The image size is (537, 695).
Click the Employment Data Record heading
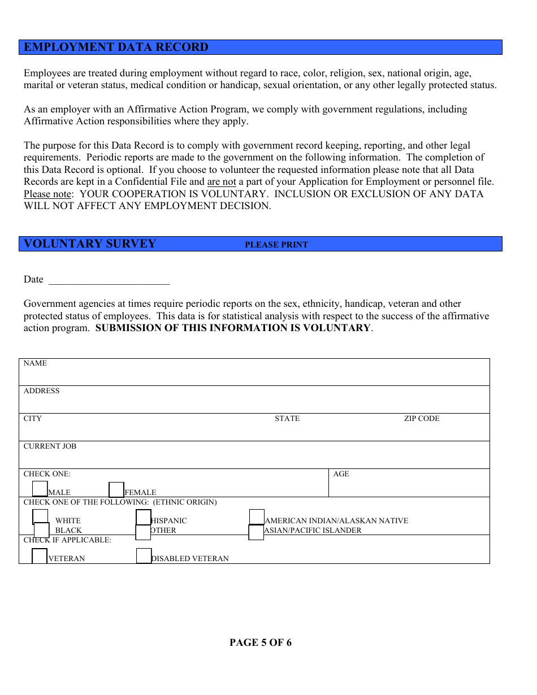coord(116,47)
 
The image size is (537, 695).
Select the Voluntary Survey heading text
coord(90,244)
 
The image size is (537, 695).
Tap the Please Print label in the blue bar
coord(276,245)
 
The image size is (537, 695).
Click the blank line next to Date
coord(109,280)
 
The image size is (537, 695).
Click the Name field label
coord(35,363)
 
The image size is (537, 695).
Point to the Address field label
coord(41,391)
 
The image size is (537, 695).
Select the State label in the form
coord(287,419)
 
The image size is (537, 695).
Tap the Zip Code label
coord(421,419)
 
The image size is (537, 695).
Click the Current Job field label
coord(50,446)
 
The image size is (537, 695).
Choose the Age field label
coord(341,474)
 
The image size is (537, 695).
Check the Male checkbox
coord(40,489)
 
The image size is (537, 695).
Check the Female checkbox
coord(116,489)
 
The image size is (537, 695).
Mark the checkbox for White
coord(40,516)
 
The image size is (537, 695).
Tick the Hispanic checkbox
coord(144,517)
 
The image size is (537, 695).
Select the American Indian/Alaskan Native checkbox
coord(257,516)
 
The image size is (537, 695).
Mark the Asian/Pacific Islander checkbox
coord(256,532)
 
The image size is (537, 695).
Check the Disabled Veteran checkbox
coord(144,556)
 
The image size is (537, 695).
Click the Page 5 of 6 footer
coord(261,642)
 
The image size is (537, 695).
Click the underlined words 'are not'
coord(222,182)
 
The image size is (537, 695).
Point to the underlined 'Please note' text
coord(47,194)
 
